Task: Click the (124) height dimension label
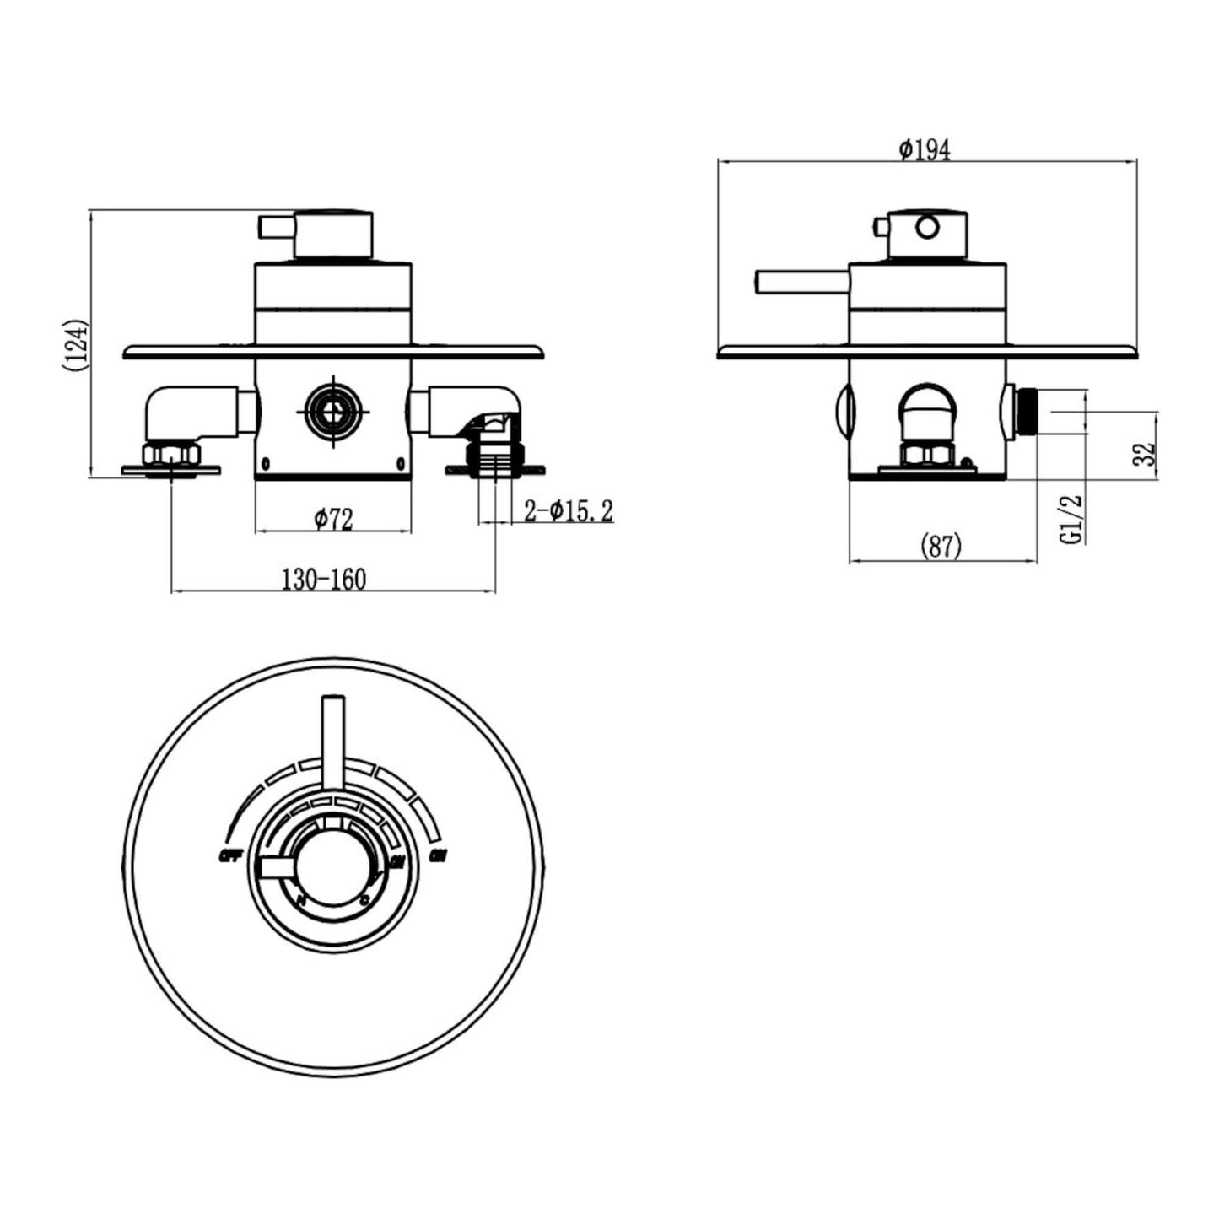(x=75, y=345)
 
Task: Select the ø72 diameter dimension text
(x=333, y=520)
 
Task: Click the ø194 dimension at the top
(x=924, y=150)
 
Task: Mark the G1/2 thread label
(x=1071, y=519)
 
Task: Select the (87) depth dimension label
(x=941, y=547)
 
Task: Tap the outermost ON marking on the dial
(x=438, y=857)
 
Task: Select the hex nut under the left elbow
(x=171, y=456)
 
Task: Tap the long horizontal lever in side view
(x=801, y=283)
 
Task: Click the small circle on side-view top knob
(x=927, y=227)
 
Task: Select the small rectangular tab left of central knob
(x=276, y=867)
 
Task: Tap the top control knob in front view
(x=332, y=233)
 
